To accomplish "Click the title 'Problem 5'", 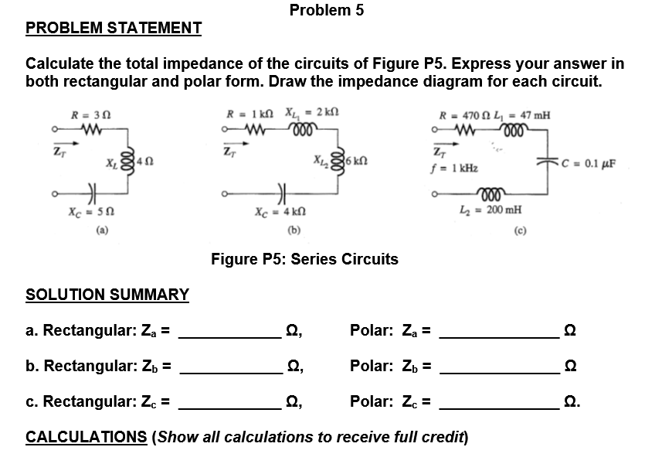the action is tap(326, 10).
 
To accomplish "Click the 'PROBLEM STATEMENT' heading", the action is tap(114, 29).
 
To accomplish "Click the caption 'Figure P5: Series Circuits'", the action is tap(304, 259).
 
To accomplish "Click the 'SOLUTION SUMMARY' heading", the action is tap(107, 295).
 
